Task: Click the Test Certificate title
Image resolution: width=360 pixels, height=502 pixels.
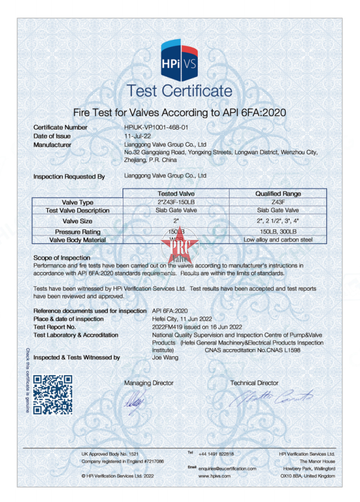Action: (179, 91)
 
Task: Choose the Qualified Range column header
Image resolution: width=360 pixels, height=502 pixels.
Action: (278, 194)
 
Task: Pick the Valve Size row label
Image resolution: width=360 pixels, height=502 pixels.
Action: (78, 221)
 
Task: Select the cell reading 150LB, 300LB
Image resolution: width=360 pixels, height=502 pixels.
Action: (278, 232)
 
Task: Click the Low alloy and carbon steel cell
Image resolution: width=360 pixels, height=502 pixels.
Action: (278, 240)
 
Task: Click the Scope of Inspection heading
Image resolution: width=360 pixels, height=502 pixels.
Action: (62, 258)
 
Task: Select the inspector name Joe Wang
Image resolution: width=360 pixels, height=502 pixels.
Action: (166, 358)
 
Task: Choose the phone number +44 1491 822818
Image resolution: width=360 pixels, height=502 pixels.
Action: (216, 454)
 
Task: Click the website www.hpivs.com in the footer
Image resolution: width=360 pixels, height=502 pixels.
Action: (214, 477)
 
